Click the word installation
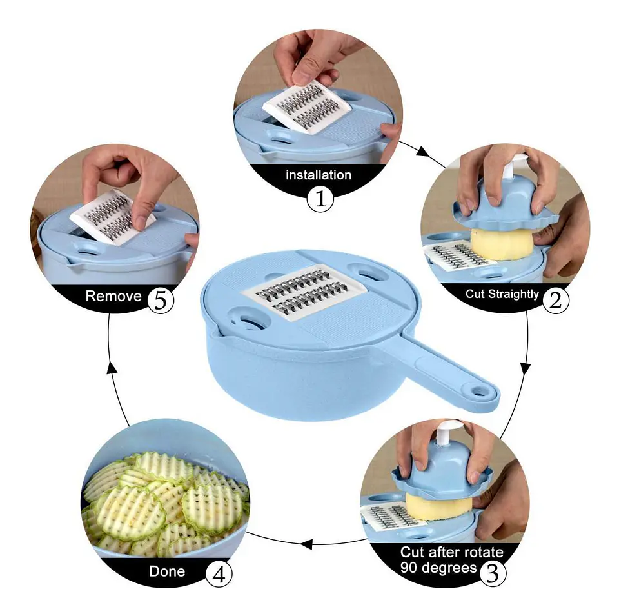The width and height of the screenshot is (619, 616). [319, 175]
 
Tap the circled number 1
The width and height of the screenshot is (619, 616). [320, 199]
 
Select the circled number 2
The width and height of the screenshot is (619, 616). [555, 299]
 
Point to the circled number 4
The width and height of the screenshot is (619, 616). [219, 573]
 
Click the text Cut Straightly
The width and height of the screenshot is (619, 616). [502, 294]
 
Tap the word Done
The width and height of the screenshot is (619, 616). [167, 571]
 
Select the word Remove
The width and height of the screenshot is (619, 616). [113, 297]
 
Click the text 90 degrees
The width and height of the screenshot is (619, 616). [438, 568]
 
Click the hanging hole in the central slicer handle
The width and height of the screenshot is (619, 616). [480, 391]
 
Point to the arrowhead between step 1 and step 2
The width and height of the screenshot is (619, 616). [422, 153]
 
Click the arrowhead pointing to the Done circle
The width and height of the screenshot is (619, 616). [307, 543]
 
